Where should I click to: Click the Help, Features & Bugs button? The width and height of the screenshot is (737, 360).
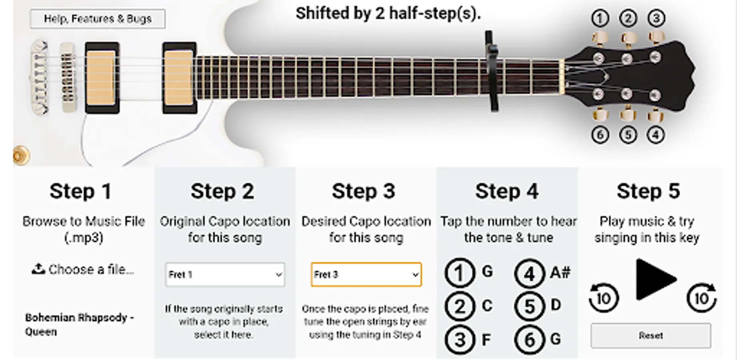pyautogui.click(x=98, y=19)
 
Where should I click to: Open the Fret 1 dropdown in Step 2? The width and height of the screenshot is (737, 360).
pyautogui.click(x=225, y=274)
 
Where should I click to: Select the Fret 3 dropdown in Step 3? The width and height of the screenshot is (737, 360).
pyautogui.click(x=366, y=274)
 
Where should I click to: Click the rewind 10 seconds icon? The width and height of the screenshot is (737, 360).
pyautogui.click(x=603, y=298)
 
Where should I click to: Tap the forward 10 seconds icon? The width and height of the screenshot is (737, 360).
pyautogui.click(x=701, y=298)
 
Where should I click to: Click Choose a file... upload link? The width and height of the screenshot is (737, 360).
pyautogui.click(x=83, y=270)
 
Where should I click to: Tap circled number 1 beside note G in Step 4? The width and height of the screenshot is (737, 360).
pyautogui.click(x=459, y=273)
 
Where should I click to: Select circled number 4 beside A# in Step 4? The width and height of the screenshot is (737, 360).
pyautogui.click(x=529, y=273)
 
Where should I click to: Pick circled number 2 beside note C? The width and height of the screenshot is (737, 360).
pyautogui.click(x=459, y=307)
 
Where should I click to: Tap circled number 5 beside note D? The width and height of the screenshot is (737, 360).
pyautogui.click(x=529, y=307)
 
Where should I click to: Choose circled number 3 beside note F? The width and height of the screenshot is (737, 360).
pyautogui.click(x=459, y=340)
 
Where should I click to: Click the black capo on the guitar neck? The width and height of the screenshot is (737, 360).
pyautogui.click(x=492, y=71)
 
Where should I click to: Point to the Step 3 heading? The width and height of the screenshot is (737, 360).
pyautogui.click(x=364, y=191)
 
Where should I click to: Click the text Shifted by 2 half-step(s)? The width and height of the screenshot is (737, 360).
pyautogui.click(x=388, y=14)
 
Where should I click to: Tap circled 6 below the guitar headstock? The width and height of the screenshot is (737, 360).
pyautogui.click(x=600, y=135)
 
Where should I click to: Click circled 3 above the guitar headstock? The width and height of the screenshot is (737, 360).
pyautogui.click(x=656, y=18)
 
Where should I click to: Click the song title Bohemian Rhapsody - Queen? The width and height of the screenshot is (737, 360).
pyautogui.click(x=80, y=324)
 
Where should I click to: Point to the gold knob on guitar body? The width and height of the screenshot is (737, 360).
pyautogui.click(x=21, y=156)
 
